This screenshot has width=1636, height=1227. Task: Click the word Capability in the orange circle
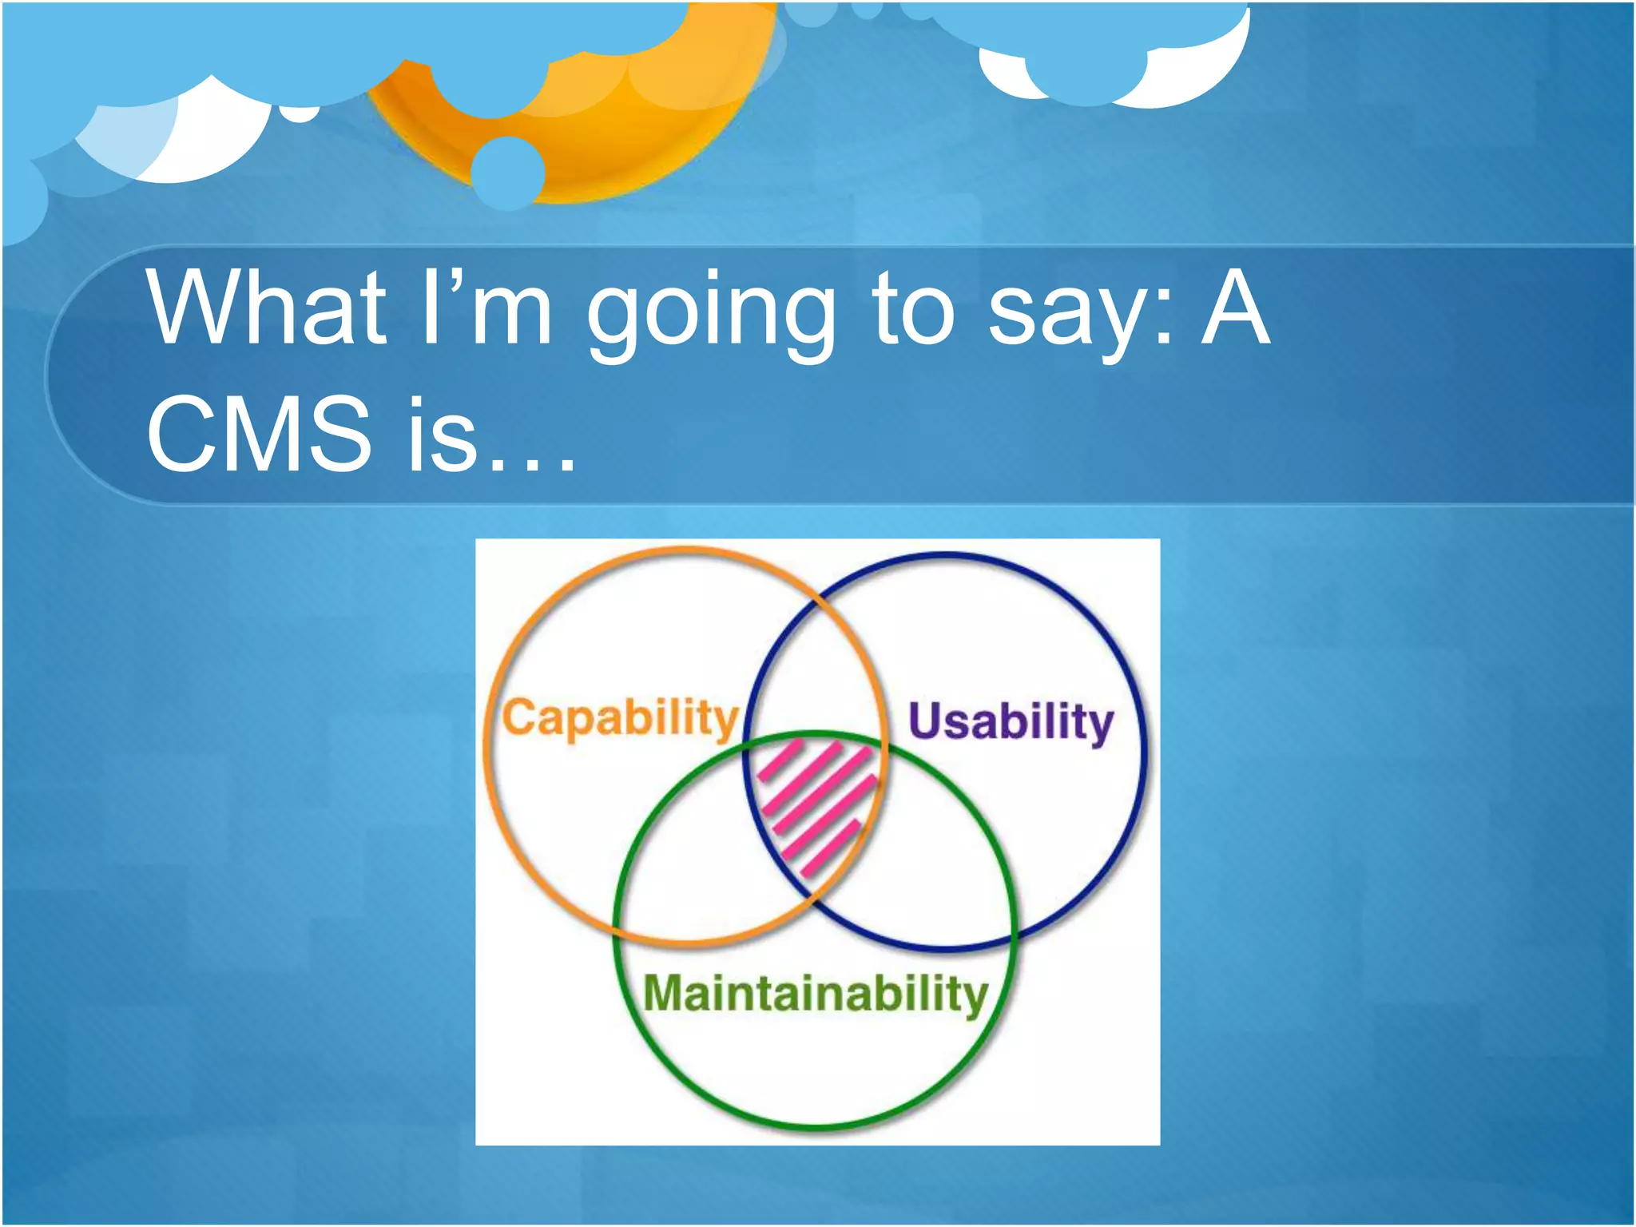(619, 718)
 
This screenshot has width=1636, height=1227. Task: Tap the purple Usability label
(1011, 723)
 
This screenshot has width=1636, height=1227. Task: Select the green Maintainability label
(816, 995)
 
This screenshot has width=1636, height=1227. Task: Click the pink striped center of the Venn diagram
(815, 807)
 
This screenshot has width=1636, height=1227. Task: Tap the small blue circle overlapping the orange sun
(507, 173)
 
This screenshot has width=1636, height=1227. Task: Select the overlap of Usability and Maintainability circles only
(927, 863)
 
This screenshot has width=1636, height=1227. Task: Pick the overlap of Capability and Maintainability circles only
(695, 863)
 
